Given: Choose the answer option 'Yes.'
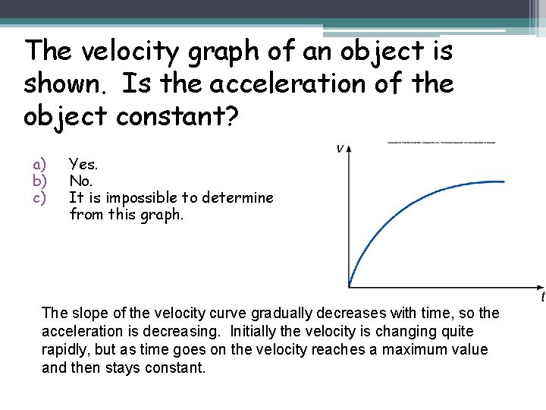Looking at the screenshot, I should pyautogui.click(x=83, y=163).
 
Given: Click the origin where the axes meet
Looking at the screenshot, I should pyautogui.click(x=349, y=287).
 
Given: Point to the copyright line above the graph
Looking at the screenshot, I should pyautogui.click(x=441, y=142).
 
